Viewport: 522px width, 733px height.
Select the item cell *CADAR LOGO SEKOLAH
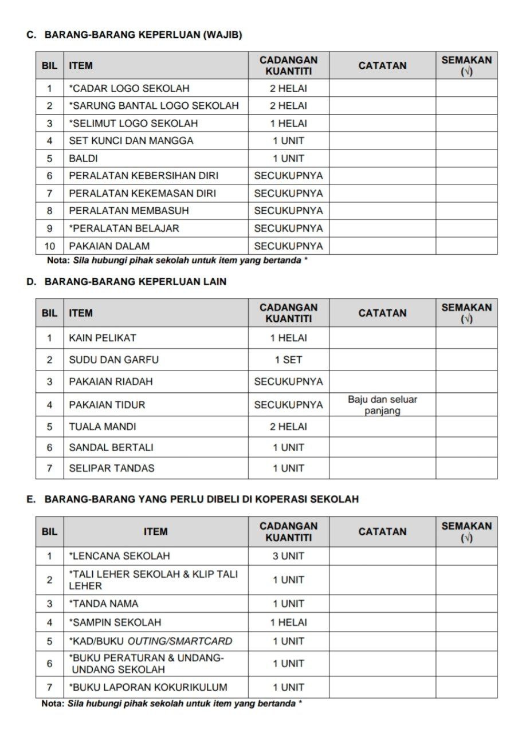pyautogui.click(x=129, y=89)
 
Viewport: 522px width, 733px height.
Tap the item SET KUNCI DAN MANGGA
pyautogui.click(x=131, y=141)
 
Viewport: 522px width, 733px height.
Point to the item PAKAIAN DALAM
pyautogui.click(x=109, y=246)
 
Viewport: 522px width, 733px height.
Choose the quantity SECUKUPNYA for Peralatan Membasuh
pyautogui.click(x=288, y=211)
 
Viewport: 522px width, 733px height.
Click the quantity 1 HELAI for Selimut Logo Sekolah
pyautogui.click(x=288, y=124)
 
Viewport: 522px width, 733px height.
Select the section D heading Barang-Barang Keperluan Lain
pyautogui.click(x=135, y=282)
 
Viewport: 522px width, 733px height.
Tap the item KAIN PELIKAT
pyautogui.click(x=103, y=338)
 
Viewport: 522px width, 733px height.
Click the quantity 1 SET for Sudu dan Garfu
pyautogui.click(x=288, y=360)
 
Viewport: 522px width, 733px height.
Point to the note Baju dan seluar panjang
pyautogui.click(x=382, y=405)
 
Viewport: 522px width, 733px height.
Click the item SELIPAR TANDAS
pyautogui.click(x=112, y=468)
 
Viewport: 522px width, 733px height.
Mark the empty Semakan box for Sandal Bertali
pyautogui.click(x=466, y=447)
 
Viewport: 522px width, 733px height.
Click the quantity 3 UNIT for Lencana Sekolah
pyautogui.click(x=288, y=556)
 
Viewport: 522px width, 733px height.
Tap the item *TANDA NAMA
pyautogui.click(x=104, y=604)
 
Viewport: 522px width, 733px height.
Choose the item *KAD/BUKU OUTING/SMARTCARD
pyautogui.click(x=151, y=641)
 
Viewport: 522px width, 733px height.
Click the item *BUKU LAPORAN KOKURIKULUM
pyautogui.click(x=148, y=688)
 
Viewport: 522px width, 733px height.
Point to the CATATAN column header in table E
pyautogui.click(x=382, y=532)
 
